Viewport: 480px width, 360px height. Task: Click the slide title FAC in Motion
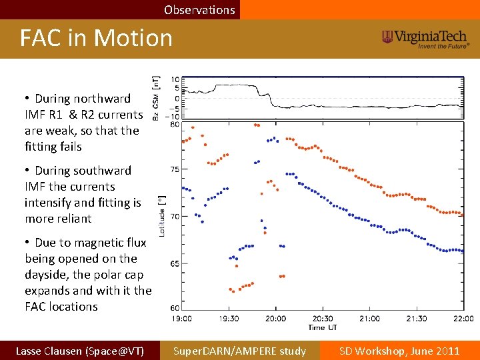pyautogui.click(x=96, y=38)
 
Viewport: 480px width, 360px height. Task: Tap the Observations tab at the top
pyautogui.click(x=199, y=10)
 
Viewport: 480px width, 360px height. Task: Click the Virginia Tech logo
pyautogui.click(x=425, y=38)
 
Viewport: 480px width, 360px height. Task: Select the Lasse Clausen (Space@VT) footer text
pyautogui.click(x=79, y=351)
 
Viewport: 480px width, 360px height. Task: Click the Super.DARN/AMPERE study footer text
pyautogui.click(x=239, y=351)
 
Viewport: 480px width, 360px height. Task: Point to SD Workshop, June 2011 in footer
pyautogui.click(x=399, y=351)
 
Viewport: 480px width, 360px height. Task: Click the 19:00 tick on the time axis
pyautogui.click(x=182, y=319)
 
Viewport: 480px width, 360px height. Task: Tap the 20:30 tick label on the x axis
pyautogui.click(x=323, y=319)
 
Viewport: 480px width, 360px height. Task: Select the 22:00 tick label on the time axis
pyautogui.click(x=463, y=319)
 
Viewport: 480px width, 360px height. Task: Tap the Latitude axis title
pyautogui.click(x=161, y=216)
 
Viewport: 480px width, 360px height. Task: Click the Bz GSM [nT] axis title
pyautogui.click(x=157, y=97)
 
